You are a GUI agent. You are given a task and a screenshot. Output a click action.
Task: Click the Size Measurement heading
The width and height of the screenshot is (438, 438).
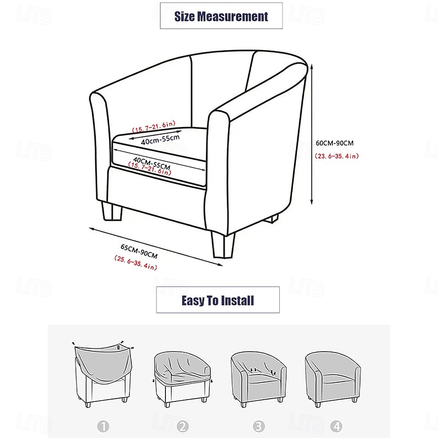pyautogui.click(x=221, y=16)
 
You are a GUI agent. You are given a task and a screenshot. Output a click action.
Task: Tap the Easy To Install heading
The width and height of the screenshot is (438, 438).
pyautogui.click(x=217, y=301)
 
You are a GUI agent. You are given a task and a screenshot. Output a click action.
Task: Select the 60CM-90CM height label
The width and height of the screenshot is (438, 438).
pyautogui.click(x=335, y=143)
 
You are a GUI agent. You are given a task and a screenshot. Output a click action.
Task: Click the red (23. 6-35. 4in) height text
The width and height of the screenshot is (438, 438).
pyautogui.click(x=337, y=156)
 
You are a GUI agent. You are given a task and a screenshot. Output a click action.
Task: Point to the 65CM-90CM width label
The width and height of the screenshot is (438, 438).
pyautogui.click(x=139, y=251)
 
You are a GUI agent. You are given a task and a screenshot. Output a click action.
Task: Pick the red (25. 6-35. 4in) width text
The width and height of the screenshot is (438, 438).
pyautogui.click(x=136, y=263)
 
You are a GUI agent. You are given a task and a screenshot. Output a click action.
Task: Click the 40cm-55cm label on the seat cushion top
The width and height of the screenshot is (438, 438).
pyautogui.click(x=160, y=140)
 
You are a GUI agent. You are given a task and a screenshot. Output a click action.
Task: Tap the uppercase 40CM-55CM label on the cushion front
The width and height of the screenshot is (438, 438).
pyautogui.click(x=152, y=163)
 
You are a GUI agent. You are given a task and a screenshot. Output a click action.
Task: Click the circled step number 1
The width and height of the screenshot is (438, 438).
pyautogui.click(x=103, y=427)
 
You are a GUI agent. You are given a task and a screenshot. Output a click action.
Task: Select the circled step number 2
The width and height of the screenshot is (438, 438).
pyautogui.click(x=183, y=427)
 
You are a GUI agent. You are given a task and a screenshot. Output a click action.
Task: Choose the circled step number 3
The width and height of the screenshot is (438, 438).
pyautogui.click(x=258, y=427)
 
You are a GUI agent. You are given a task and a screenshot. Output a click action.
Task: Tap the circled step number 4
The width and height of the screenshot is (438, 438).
pyautogui.click(x=336, y=427)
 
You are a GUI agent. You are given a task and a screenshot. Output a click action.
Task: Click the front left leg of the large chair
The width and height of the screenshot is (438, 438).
pyautogui.click(x=112, y=211)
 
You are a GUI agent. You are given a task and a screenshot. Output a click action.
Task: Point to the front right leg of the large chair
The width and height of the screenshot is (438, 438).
pyautogui.click(x=223, y=245)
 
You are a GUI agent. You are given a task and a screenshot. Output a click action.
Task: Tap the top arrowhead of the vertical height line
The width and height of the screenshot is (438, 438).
pyautogui.click(x=312, y=66)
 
